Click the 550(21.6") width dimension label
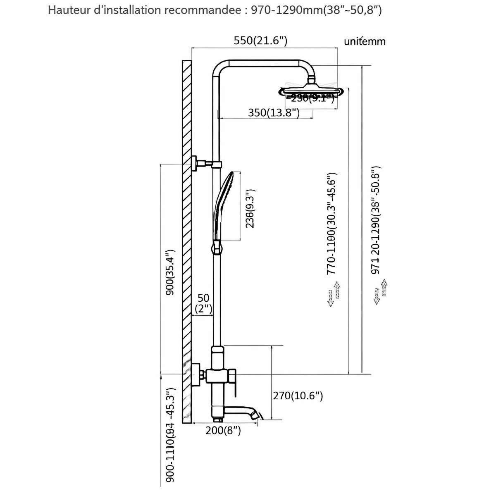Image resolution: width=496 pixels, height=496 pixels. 260,41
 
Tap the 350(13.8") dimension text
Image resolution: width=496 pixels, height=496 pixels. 274,113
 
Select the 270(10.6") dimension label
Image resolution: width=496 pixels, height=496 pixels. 298,396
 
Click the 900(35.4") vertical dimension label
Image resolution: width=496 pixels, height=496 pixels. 169,272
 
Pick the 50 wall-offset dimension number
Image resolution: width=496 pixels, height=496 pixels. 203,298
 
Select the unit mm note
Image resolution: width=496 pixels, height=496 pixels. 365,41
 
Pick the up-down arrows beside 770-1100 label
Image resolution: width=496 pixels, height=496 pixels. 334,293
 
